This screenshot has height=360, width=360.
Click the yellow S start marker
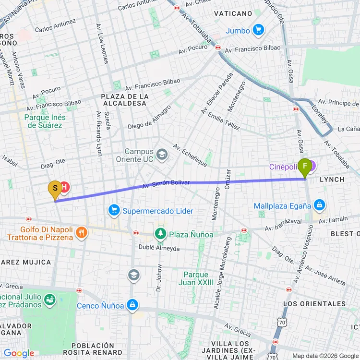tap(55, 189)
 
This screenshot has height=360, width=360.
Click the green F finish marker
tap(305, 167)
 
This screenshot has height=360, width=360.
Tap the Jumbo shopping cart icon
tap(259, 30)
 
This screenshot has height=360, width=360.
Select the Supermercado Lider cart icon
tap(114, 211)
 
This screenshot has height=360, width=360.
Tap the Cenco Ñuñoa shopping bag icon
tap(132, 305)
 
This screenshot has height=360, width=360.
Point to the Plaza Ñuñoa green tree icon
tap(160, 234)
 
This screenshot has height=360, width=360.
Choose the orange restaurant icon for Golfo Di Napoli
tap(82, 233)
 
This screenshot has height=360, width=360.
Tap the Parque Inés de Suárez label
tap(46, 121)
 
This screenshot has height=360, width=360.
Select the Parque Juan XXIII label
tap(196, 278)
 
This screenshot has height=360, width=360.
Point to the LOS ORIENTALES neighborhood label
tap(314, 304)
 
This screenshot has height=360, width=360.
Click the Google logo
tap(19, 354)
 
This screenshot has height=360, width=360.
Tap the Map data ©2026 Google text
tap(325, 356)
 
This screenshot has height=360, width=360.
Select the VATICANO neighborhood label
tap(233, 13)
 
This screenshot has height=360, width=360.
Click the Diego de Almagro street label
tap(149, 117)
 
